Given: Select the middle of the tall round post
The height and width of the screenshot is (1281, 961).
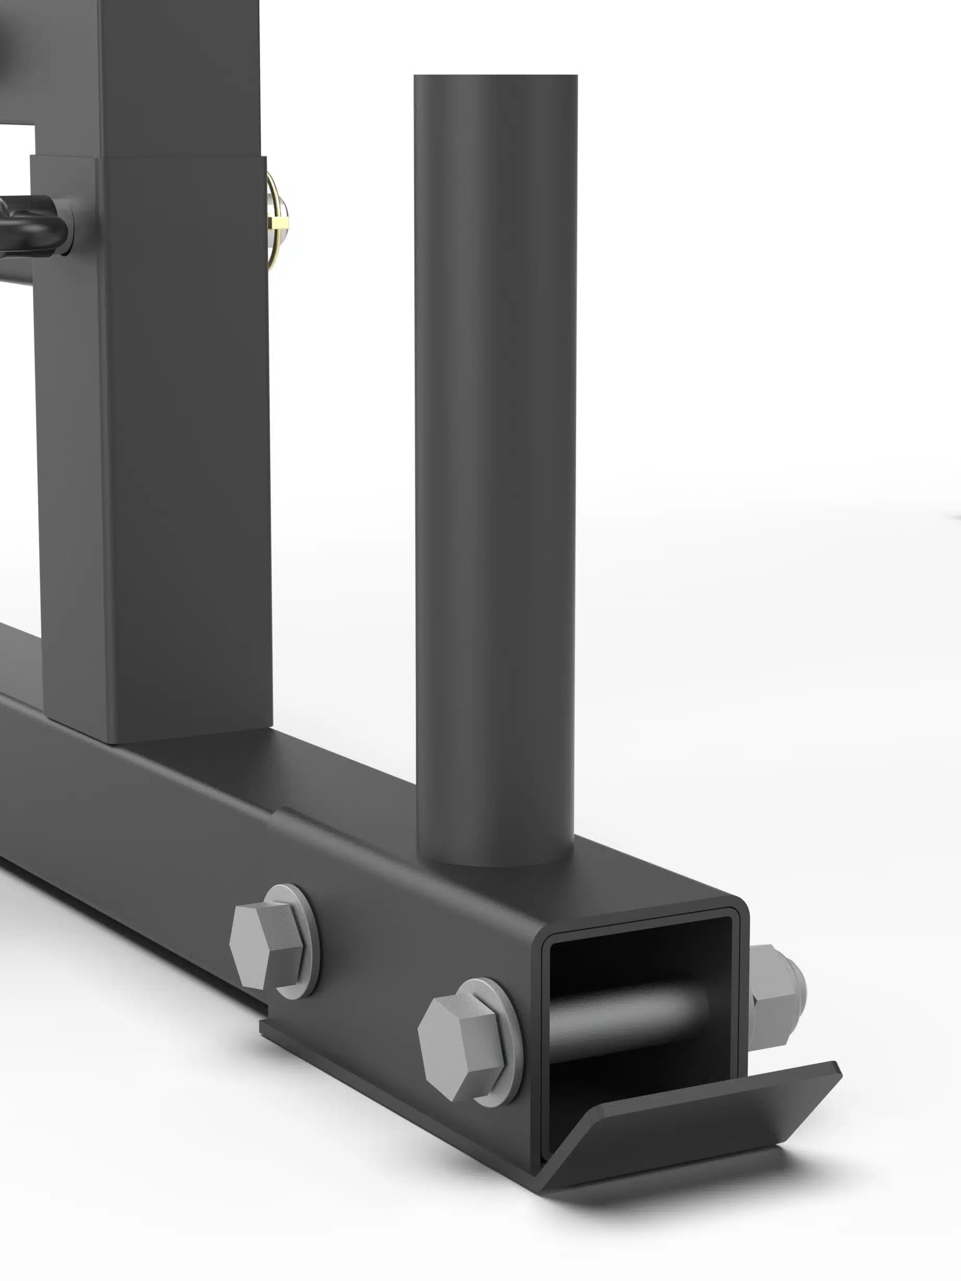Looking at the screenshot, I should [x=496, y=463].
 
